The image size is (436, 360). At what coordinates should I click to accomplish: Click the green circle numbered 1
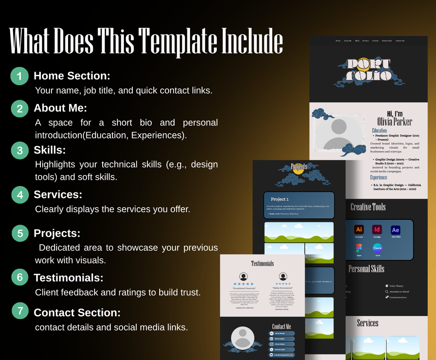20,76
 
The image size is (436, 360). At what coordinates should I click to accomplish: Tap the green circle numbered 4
20,195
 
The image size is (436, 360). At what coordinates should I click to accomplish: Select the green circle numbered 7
20,311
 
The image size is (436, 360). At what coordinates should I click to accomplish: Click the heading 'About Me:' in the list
60,108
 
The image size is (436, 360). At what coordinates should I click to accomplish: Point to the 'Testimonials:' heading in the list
68,278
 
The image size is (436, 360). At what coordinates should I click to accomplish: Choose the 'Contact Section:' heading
77,313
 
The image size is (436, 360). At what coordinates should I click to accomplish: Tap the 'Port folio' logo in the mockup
368,71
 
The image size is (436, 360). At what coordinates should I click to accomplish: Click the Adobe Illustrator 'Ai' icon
359,230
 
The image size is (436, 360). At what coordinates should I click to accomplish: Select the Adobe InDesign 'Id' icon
377,230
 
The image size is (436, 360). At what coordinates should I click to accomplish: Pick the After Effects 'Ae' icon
395,230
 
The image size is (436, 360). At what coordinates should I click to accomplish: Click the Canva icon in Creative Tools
377,248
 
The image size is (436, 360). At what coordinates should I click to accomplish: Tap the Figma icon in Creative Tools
359,248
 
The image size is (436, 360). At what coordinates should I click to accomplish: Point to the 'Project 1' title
280,199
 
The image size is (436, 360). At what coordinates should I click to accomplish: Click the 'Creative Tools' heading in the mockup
368,207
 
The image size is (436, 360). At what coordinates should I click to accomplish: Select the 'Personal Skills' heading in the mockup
366,269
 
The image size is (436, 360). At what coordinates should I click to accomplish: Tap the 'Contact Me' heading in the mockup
281,326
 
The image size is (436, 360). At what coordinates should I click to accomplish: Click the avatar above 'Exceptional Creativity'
244,276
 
